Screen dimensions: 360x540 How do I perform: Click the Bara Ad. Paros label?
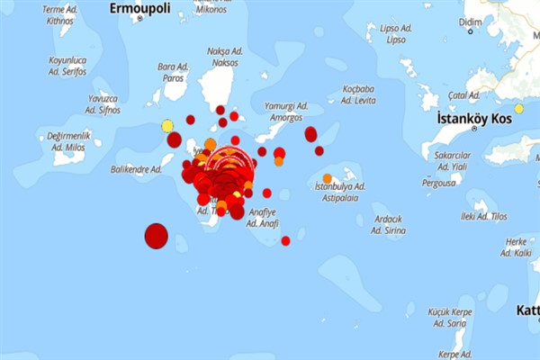tap(172, 71)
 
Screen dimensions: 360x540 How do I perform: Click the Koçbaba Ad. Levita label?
tap(357, 94)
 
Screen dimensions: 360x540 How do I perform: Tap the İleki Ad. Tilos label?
tap(484, 216)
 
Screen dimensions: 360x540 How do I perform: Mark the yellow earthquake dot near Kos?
tap(518, 109)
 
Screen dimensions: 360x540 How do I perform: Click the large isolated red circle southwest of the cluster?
tap(157, 237)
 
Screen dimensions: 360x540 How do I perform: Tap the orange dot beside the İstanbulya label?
tap(327, 178)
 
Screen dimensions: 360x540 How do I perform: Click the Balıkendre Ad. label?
tap(136, 169)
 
